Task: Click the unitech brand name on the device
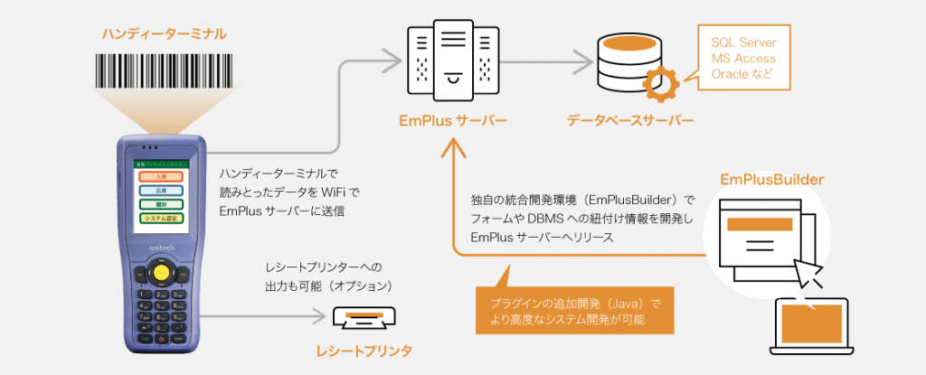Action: coord(162,243)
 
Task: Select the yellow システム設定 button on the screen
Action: coord(162,218)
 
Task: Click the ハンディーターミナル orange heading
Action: coord(163,33)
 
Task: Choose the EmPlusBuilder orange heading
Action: coord(771,180)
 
